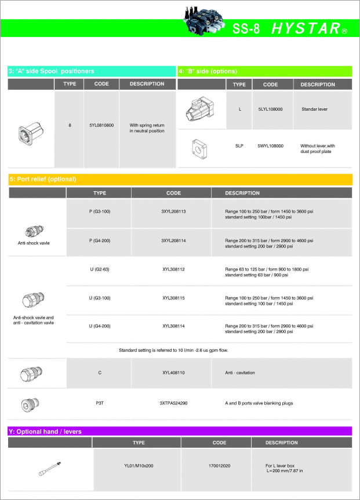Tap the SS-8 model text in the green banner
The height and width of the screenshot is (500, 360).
click(246, 29)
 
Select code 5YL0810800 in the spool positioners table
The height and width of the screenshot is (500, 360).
click(101, 125)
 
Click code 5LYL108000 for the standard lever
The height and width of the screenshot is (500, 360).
click(270, 109)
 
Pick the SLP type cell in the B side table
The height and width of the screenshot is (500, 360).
click(239, 145)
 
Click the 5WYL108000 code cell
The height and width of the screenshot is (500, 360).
click(270, 145)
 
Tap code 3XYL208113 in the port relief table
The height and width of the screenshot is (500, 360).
click(173, 211)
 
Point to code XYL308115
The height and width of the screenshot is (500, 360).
click(173, 298)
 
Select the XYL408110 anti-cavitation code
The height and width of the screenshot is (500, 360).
click(173, 373)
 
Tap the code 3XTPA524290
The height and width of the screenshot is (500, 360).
click(173, 402)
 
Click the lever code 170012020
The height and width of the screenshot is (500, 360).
click(220, 465)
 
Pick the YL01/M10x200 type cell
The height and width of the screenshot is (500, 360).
click(139, 465)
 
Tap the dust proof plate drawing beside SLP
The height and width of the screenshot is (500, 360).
click(200, 149)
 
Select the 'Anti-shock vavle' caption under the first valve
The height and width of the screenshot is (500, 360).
click(34, 243)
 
